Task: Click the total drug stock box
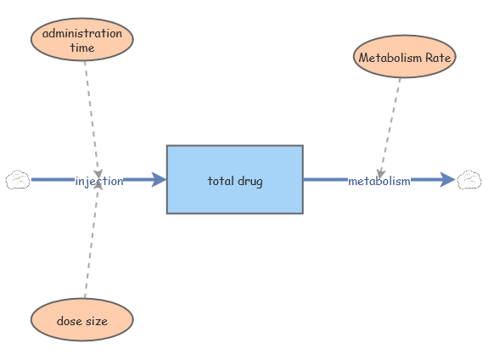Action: [x=234, y=179]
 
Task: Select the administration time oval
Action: [x=82, y=40]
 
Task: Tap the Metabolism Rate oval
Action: [x=405, y=58]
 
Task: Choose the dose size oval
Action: [x=82, y=321]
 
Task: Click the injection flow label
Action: [x=99, y=181]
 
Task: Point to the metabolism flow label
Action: [x=379, y=181]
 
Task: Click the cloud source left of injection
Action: [x=18, y=180]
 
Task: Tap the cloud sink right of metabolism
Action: [x=469, y=179]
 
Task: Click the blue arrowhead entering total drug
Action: [x=158, y=180]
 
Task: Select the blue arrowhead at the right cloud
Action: [x=447, y=180]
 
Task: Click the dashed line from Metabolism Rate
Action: [x=392, y=119]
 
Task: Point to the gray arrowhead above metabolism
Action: [x=382, y=172]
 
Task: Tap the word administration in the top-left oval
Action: [x=82, y=33]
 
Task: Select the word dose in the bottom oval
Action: [x=69, y=321]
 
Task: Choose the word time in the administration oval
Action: [x=82, y=48]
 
